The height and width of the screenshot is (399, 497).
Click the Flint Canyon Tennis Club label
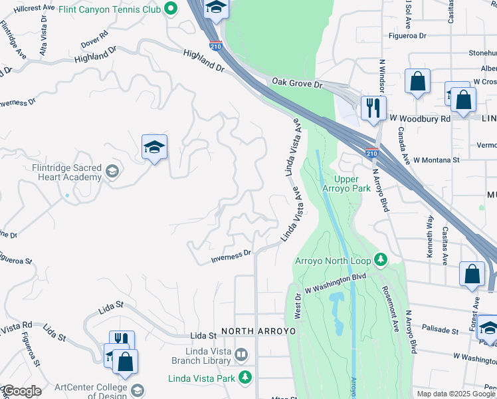pos(110,9)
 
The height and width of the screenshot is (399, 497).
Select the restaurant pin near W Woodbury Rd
pos(373,108)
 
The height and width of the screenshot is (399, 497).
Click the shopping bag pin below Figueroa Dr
pos(417,82)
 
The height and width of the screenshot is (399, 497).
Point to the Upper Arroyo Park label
pos(351,184)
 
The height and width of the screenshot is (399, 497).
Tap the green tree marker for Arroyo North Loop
pos(381,259)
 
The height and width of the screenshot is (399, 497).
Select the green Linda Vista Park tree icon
pos(246,378)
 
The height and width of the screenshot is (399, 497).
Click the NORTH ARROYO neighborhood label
pos(256,331)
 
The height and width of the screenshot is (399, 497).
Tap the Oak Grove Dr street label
pos(296,82)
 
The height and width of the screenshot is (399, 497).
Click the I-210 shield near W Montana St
pos(372,153)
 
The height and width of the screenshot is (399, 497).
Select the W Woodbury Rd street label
pos(420,118)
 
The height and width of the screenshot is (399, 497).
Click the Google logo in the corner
pos(21,391)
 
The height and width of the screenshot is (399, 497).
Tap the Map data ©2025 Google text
pos(456,394)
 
